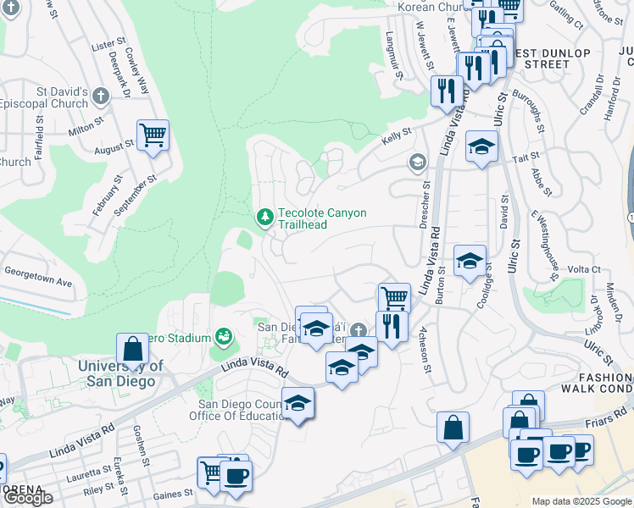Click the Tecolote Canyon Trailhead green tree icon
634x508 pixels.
pos(265,218)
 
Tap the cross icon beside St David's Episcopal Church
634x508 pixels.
pos(102,95)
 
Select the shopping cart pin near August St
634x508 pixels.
pos(153,134)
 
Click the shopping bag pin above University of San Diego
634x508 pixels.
pos(133,348)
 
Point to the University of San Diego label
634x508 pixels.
pos(119,373)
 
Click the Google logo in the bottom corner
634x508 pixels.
pos(27,498)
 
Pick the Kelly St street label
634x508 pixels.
pos(395,134)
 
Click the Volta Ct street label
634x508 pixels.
pos(583,269)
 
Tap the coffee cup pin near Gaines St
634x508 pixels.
pos(236,475)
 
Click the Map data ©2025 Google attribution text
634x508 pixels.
pos(581,501)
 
